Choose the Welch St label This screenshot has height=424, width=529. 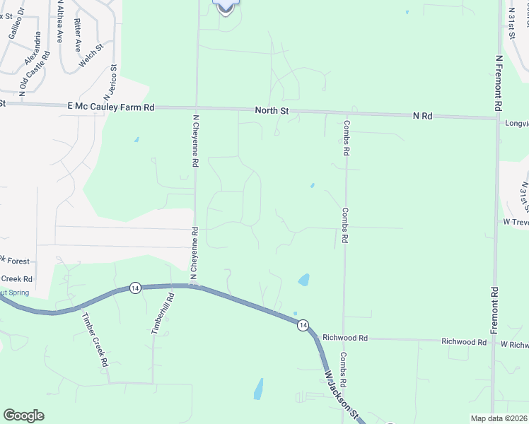91,56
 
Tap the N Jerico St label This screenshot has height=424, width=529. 110,81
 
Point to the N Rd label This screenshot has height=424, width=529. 423,115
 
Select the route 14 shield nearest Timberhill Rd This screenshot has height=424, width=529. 135,288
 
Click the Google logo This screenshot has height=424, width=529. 23,416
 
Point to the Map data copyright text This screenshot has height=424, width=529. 499,418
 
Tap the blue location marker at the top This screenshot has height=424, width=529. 225,6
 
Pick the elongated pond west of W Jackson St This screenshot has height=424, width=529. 259,388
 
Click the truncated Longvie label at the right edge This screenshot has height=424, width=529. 516,122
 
